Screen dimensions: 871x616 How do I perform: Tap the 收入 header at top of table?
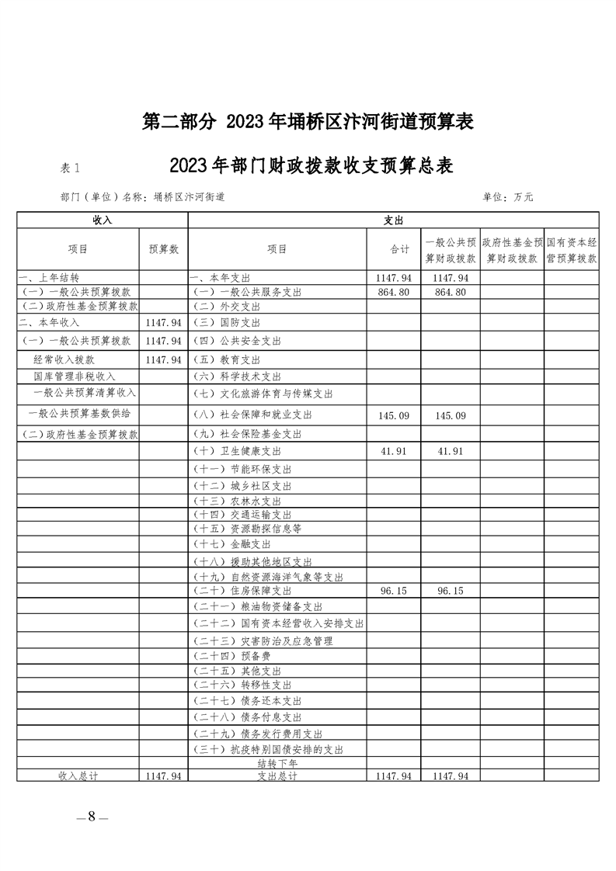point(102,220)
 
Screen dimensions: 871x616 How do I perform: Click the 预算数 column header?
point(163,249)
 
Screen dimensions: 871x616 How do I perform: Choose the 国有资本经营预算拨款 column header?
point(572,249)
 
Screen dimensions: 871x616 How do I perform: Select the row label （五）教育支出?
point(228,360)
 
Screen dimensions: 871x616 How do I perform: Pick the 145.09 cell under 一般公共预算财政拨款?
point(451,416)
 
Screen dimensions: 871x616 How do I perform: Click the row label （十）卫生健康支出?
point(236,451)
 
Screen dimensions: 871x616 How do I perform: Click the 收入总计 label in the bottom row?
point(78,776)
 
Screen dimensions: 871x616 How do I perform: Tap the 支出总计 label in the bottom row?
point(277,776)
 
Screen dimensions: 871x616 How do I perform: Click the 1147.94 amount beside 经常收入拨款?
point(163,360)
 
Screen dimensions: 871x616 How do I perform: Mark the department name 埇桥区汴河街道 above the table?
point(190,197)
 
